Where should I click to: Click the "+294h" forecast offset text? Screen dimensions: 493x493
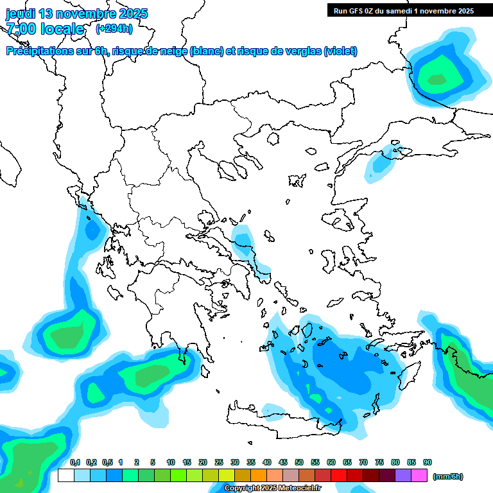(x=114, y=28)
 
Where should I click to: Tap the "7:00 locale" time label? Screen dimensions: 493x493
(x=45, y=29)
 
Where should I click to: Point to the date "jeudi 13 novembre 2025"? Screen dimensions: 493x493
(x=76, y=13)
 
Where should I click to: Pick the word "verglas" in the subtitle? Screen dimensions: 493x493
(x=302, y=51)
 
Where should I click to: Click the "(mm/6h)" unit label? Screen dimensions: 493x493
(x=448, y=476)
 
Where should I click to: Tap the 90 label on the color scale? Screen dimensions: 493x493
(x=428, y=462)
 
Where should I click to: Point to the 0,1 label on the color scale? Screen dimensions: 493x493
(x=74, y=462)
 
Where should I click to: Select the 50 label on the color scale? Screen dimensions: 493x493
(x=299, y=462)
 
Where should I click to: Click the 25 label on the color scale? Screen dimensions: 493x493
(x=219, y=462)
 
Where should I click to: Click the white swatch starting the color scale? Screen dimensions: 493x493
(x=66, y=475)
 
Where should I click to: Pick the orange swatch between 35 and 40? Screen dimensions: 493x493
(x=259, y=475)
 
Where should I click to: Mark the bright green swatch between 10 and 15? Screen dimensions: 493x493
(x=178, y=475)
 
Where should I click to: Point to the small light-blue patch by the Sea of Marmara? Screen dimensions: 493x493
(x=381, y=164)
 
